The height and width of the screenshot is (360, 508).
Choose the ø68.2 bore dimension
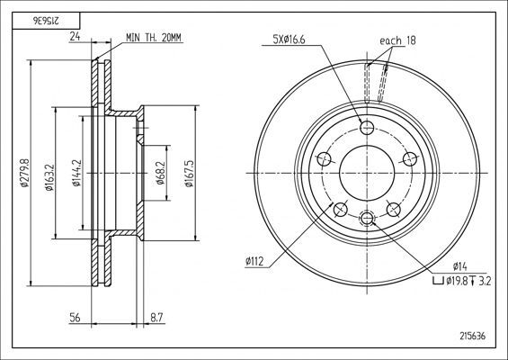(x=159, y=173)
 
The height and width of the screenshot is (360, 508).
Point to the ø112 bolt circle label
(x=254, y=262)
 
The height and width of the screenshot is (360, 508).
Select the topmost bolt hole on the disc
(x=367, y=126)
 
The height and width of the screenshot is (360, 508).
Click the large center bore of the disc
(x=367, y=173)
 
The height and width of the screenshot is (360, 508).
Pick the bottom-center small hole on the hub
(x=367, y=217)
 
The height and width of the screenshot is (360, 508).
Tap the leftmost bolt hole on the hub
(x=324, y=160)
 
